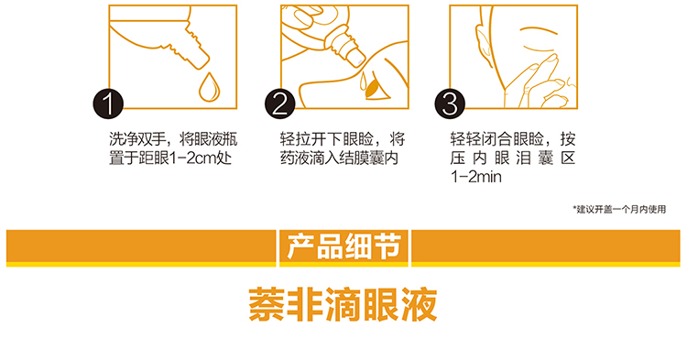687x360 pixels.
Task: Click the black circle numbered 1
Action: click(108, 104)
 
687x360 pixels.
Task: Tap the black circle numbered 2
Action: click(279, 104)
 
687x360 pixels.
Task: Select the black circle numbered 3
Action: click(450, 104)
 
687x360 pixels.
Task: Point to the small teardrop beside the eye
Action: click(364, 81)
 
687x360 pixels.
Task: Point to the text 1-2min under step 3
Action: click(475, 177)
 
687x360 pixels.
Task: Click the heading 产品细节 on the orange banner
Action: click(343, 246)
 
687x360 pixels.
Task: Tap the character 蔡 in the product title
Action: click(266, 304)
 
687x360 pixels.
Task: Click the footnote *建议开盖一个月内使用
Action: click(619, 210)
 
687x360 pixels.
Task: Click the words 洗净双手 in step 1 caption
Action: click(137, 139)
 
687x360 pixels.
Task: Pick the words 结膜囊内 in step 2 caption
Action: click(368, 158)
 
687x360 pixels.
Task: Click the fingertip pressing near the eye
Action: click(553, 59)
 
